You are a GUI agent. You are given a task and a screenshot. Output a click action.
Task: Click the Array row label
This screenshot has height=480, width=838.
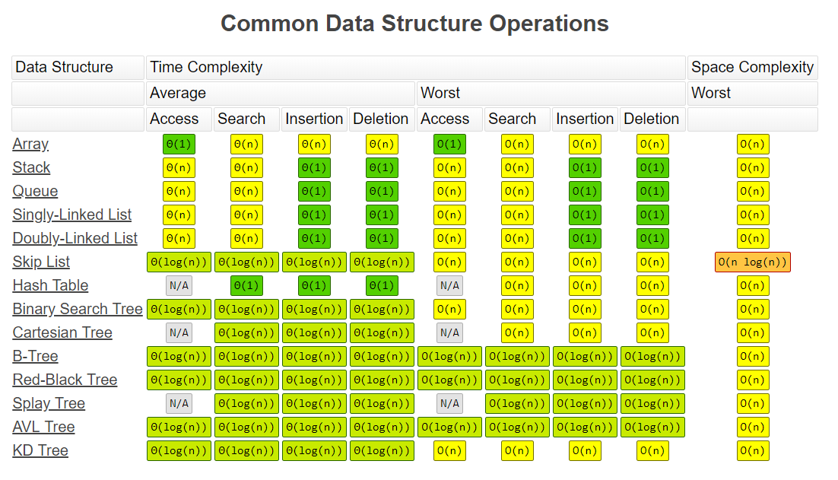[30, 145]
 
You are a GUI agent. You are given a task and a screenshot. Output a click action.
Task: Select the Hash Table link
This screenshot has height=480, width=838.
[50, 285]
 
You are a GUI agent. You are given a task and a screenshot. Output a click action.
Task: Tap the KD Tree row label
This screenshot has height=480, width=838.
[40, 450]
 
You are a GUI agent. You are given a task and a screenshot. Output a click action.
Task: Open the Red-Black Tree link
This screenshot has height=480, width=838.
[65, 380]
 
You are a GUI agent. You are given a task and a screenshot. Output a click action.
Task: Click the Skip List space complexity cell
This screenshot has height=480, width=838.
[753, 262]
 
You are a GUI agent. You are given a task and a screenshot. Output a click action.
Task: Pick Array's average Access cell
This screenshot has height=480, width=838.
[179, 145]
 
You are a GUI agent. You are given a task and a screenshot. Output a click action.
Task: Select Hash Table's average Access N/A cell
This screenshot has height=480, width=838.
[179, 285]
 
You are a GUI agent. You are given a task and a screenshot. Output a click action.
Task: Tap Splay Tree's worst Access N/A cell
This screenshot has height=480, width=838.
[449, 404]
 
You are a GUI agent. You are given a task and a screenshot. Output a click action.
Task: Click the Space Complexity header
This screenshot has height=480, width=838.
[753, 68]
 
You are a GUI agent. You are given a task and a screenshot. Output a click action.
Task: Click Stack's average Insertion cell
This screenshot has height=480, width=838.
[314, 168]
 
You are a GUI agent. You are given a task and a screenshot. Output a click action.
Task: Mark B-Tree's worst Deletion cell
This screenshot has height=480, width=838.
[652, 357]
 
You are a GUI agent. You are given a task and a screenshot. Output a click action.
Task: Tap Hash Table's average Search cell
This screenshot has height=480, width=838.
[246, 285]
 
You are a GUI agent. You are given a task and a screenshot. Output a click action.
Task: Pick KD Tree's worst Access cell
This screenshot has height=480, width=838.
[449, 450]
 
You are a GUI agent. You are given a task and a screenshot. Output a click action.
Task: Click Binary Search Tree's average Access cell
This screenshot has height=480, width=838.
[179, 309]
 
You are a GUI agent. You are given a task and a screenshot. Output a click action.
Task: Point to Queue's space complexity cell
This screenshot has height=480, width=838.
[753, 192]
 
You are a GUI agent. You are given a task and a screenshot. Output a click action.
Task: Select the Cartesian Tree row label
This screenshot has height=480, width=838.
[62, 333]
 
